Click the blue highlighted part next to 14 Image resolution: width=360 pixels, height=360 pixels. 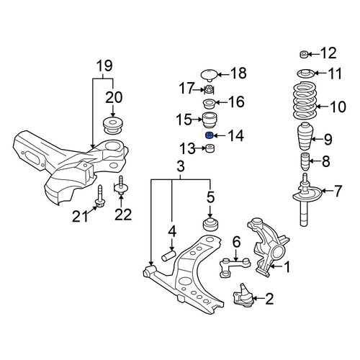(210, 135)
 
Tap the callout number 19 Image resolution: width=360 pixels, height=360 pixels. (104, 66)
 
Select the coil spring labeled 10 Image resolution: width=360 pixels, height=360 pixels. (305, 101)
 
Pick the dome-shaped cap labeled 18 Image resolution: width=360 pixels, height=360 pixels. (209, 75)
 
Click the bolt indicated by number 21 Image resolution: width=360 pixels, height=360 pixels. (99, 197)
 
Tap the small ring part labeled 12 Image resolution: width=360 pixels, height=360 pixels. (304, 55)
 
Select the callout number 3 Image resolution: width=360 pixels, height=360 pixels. (181, 166)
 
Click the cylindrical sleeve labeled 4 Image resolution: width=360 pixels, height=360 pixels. (168, 256)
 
